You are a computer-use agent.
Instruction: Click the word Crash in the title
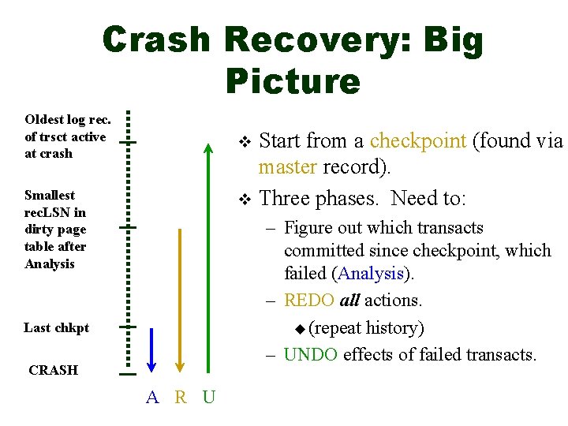coord(156,41)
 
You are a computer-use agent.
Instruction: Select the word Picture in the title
coord(292,80)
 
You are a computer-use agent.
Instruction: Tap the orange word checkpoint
coord(418,141)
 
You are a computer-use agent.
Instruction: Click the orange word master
coord(285,167)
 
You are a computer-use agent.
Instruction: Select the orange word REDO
coord(309,301)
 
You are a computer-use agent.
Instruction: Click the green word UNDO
coord(311,354)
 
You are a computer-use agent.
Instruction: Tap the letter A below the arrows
coord(152,397)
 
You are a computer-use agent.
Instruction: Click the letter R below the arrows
coord(181,397)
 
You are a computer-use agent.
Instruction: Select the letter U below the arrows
coord(208,397)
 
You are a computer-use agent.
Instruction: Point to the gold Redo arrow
coord(180,300)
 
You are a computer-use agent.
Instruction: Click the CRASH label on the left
coord(53,370)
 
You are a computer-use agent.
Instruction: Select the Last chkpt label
coord(56,327)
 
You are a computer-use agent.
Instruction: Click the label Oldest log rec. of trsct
coord(67,136)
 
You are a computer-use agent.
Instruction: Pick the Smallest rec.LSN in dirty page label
coord(55,229)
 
